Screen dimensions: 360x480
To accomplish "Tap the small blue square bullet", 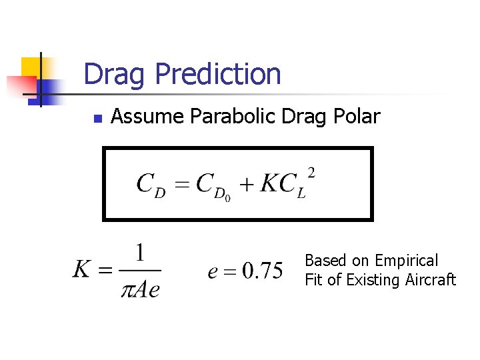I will (97, 118).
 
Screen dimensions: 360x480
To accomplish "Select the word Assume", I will (147, 117).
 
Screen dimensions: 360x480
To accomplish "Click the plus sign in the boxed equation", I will (247, 185).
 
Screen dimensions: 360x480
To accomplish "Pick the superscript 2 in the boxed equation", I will (311, 173).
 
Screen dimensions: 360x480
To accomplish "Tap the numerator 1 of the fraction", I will (140, 253).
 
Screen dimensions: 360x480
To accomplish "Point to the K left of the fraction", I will (82, 270).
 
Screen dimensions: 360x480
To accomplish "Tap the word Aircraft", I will (430, 280).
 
